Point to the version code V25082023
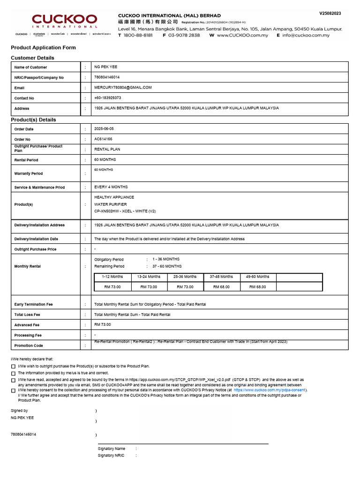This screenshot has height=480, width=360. tap(330, 14)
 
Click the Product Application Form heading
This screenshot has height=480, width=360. tap(43, 48)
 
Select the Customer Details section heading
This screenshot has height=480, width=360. tap(32, 58)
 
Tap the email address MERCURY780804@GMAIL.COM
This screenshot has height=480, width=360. tap(123, 88)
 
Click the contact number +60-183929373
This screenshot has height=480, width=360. tap(108, 98)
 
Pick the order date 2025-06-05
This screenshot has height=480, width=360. tap(104, 129)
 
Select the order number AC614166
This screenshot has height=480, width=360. tap(103, 139)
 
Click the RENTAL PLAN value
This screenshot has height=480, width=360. tap(107, 150)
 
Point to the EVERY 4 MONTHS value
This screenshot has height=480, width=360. tap(111, 187)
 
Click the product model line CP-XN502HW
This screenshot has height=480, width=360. tap(125, 211)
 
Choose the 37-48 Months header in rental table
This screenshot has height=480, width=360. tap(221, 277)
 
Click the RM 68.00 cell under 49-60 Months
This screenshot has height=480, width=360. tap(257, 287)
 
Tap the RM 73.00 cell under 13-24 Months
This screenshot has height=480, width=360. tap(149, 287)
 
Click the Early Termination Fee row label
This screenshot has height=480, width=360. tap(34, 305)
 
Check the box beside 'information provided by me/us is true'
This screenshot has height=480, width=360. tap(13, 374)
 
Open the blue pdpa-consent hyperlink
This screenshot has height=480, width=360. tap(269, 390)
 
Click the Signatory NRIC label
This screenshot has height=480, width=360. tap(111, 456)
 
